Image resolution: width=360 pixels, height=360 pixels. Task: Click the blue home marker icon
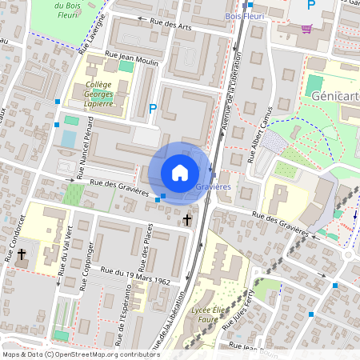[180, 172]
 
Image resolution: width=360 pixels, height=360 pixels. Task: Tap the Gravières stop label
[214, 186]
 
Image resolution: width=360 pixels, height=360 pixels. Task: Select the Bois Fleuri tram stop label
[246, 16]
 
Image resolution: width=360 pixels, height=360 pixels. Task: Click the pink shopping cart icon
[306, 29]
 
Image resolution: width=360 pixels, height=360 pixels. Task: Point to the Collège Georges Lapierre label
[99, 94]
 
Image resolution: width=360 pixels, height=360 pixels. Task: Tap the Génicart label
[335, 96]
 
